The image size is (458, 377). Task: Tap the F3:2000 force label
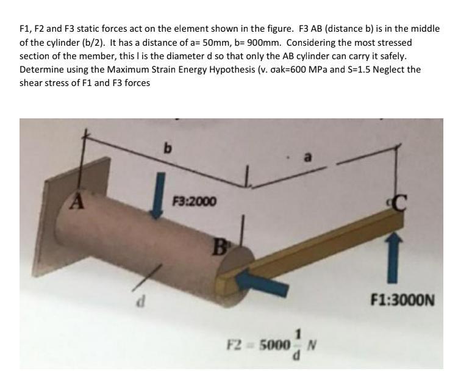pyautogui.click(x=194, y=201)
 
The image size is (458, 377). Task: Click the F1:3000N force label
pyautogui.click(x=403, y=300)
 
